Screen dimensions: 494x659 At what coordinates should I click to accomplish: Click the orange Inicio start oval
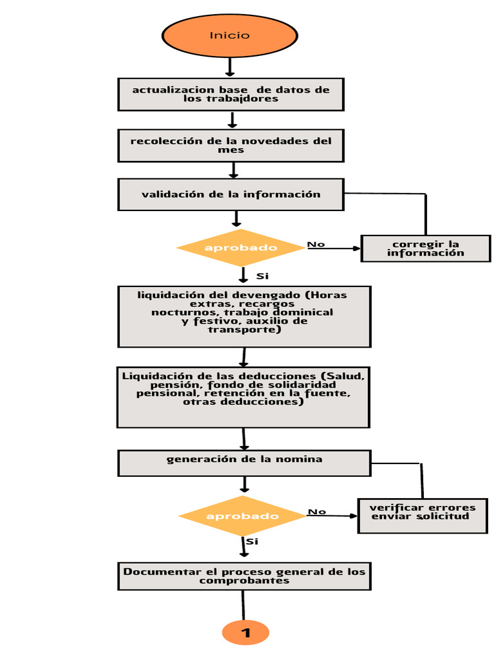(230, 35)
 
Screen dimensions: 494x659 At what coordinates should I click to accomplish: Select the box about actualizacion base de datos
(231, 95)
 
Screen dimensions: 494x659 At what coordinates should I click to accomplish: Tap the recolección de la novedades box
(231, 146)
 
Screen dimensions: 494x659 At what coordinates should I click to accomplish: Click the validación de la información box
(231, 194)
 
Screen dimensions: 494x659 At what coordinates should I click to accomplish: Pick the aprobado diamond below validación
(241, 248)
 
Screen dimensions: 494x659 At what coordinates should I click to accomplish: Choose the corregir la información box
(426, 248)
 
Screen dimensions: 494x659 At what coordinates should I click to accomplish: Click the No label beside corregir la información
(316, 244)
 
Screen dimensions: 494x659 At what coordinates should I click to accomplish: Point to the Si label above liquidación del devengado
(262, 276)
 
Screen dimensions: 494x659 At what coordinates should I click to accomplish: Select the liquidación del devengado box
(244, 317)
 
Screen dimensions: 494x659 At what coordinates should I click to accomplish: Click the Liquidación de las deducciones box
(243, 397)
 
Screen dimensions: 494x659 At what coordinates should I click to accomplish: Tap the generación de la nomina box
(244, 463)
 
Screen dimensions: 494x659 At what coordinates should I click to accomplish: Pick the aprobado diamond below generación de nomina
(242, 515)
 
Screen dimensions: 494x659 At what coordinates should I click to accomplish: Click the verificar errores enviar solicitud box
(423, 515)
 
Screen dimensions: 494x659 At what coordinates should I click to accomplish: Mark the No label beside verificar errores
(316, 512)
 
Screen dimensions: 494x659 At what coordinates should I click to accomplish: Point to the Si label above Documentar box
(252, 541)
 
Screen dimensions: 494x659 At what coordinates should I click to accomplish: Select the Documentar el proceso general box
(244, 576)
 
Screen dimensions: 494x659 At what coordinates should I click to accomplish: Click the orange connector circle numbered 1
(245, 632)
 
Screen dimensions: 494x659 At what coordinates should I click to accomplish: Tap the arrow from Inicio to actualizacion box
(230, 67)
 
